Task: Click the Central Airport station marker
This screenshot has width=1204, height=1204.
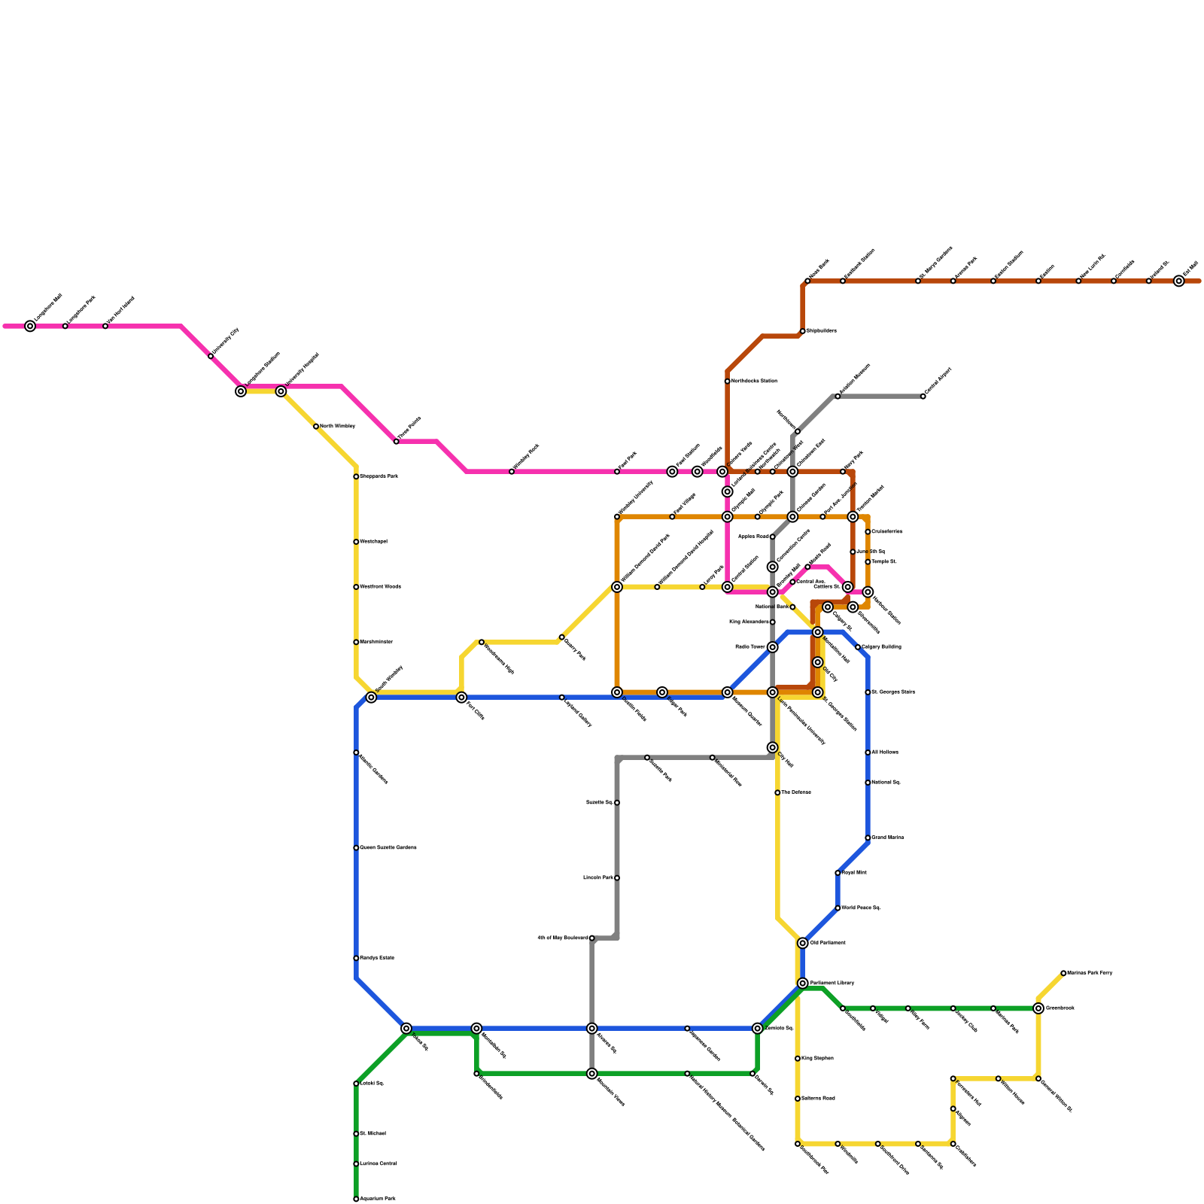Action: point(923,397)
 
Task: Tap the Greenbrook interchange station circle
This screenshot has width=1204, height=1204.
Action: point(1038,1008)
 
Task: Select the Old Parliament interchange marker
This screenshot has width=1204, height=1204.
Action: point(803,944)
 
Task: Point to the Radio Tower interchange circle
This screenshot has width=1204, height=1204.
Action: point(773,647)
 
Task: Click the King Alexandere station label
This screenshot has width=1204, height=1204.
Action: point(749,622)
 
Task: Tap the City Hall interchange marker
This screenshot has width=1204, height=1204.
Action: point(773,747)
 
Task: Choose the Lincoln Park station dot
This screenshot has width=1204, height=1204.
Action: point(617,878)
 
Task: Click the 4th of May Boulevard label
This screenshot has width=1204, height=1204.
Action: point(563,938)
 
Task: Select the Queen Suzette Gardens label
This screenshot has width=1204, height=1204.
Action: point(388,848)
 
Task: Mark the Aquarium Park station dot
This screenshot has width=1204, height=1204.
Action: point(356,1199)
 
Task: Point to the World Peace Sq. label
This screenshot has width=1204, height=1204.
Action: point(861,908)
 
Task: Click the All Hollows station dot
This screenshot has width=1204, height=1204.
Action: point(868,752)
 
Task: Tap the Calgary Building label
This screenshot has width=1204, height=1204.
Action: point(881,647)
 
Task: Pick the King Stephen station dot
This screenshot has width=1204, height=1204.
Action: point(798,1059)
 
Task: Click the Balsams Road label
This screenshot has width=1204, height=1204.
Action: point(818,1099)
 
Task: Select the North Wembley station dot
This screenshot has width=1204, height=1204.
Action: point(316,427)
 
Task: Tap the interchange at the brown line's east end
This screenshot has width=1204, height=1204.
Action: point(1179,281)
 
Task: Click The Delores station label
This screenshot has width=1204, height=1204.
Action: point(795,792)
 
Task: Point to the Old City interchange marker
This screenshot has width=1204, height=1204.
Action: point(818,662)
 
